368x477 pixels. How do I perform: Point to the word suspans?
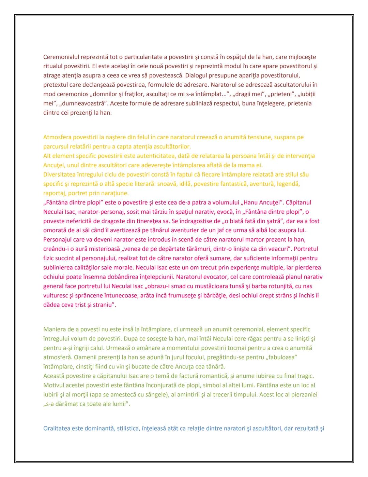tap(283, 137)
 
